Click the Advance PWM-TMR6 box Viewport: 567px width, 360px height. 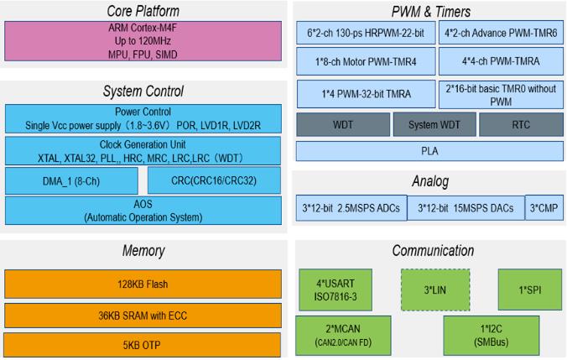click(x=500, y=33)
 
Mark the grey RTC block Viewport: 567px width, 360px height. click(x=521, y=124)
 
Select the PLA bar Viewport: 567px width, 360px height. click(x=429, y=152)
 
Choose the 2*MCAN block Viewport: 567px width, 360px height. click(x=334, y=337)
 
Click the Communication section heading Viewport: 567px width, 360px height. click(x=429, y=251)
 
